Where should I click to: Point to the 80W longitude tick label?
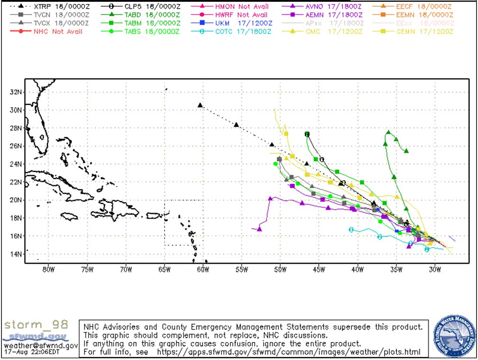(x=47, y=270)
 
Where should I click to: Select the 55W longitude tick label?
(x=241, y=270)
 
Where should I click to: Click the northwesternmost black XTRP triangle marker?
(x=200, y=105)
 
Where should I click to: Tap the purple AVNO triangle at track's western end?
(x=259, y=229)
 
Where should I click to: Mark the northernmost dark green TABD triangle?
(x=388, y=132)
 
